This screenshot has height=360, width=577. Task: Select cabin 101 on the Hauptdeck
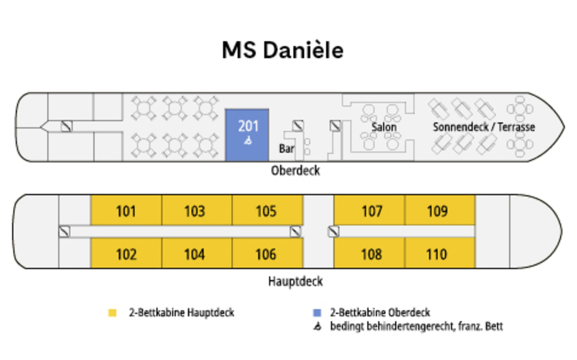point(126,211)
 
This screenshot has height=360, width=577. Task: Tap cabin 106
point(266,254)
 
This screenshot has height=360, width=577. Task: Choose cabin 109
point(438,211)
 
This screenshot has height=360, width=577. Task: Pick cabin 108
point(372,254)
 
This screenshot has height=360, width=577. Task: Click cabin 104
point(195,254)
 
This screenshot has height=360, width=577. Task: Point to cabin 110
point(437,254)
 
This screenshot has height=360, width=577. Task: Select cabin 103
point(195,211)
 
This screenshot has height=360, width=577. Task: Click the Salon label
point(384,127)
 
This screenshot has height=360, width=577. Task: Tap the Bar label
point(287,149)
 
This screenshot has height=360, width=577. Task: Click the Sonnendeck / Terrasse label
point(484,127)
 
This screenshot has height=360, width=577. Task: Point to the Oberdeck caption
point(295,171)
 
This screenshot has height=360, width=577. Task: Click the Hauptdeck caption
point(295,281)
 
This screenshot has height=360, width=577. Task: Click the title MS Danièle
point(283,50)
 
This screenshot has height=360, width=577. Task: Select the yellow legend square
point(113,313)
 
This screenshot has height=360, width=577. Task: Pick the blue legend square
point(317,313)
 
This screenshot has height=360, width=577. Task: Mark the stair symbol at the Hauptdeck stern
point(64,232)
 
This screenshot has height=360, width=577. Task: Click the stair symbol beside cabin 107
point(333,232)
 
